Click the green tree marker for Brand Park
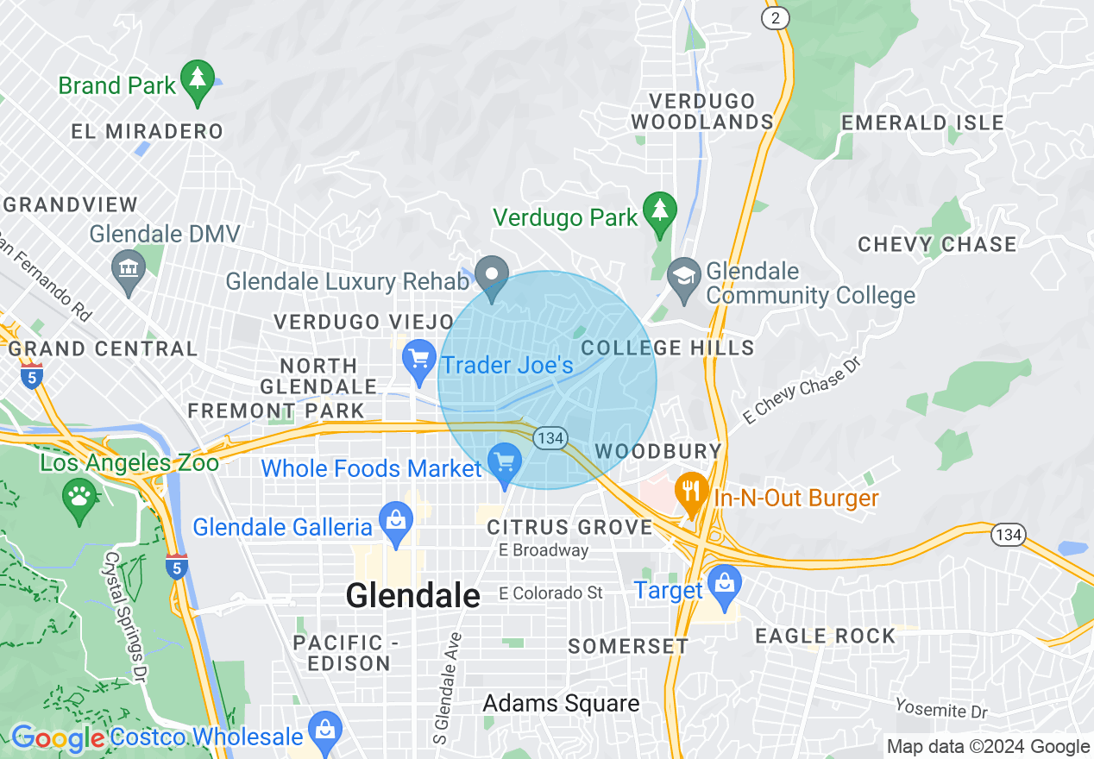pos(198,79)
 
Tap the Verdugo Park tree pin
pos(660,211)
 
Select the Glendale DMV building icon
pos(129,268)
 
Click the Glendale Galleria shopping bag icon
pos(396,522)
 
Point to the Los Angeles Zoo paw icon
pos(79,497)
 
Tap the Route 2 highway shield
pos(776,18)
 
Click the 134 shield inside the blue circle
pos(550,438)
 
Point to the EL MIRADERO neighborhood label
pos(147,132)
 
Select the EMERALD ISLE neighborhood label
pos(922,122)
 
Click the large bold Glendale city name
pos(412,595)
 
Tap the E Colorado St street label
pos(550,593)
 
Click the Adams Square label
pos(561,703)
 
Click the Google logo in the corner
pos(58,739)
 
